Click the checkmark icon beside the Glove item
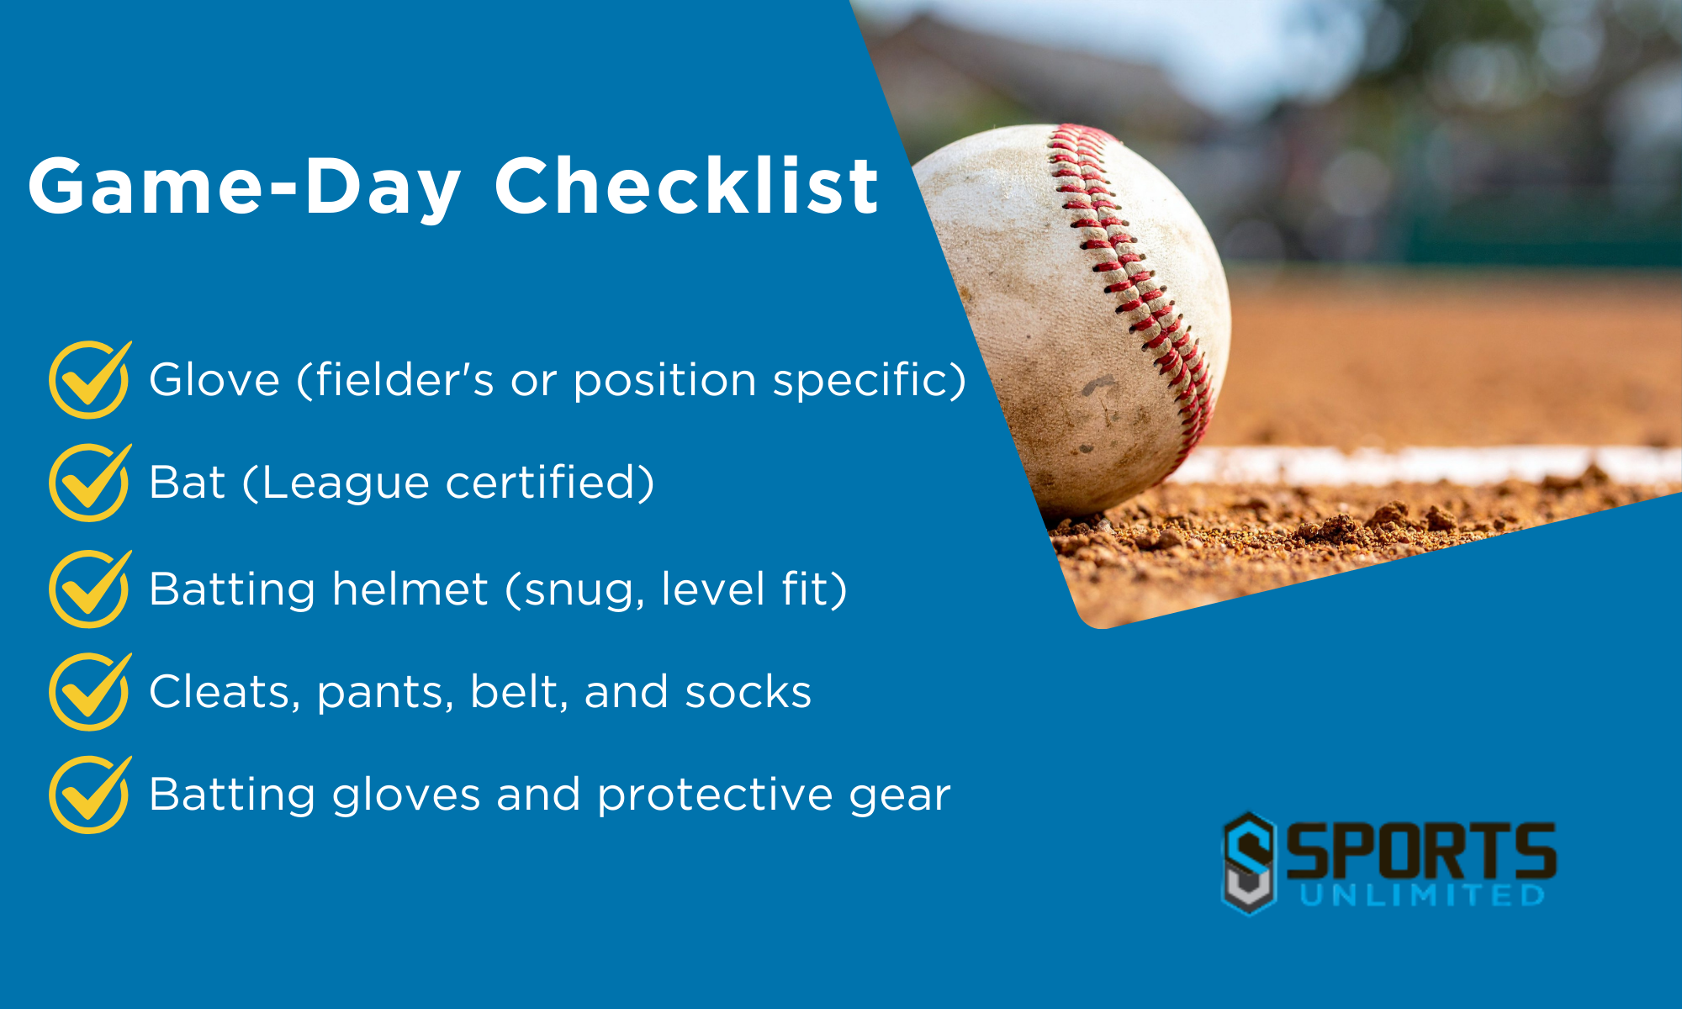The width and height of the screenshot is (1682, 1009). (x=89, y=380)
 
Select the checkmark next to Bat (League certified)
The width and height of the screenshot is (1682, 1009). (x=89, y=483)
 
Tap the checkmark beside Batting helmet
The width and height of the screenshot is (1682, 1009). (x=89, y=589)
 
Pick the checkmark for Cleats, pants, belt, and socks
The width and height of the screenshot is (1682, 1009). (x=89, y=691)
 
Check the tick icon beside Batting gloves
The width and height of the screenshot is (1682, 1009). (x=89, y=795)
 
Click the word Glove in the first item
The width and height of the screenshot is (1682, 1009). (x=214, y=380)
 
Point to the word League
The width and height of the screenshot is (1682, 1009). (x=345, y=483)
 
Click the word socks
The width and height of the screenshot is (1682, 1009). (x=748, y=692)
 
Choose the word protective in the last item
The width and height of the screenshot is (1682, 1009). (x=714, y=795)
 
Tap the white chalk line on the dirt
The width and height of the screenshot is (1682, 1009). (x=1430, y=465)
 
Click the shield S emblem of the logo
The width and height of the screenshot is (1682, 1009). (x=1249, y=863)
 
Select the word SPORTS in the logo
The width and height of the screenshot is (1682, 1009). (x=1420, y=851)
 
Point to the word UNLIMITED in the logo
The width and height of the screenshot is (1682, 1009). (x=1422, y=895)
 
